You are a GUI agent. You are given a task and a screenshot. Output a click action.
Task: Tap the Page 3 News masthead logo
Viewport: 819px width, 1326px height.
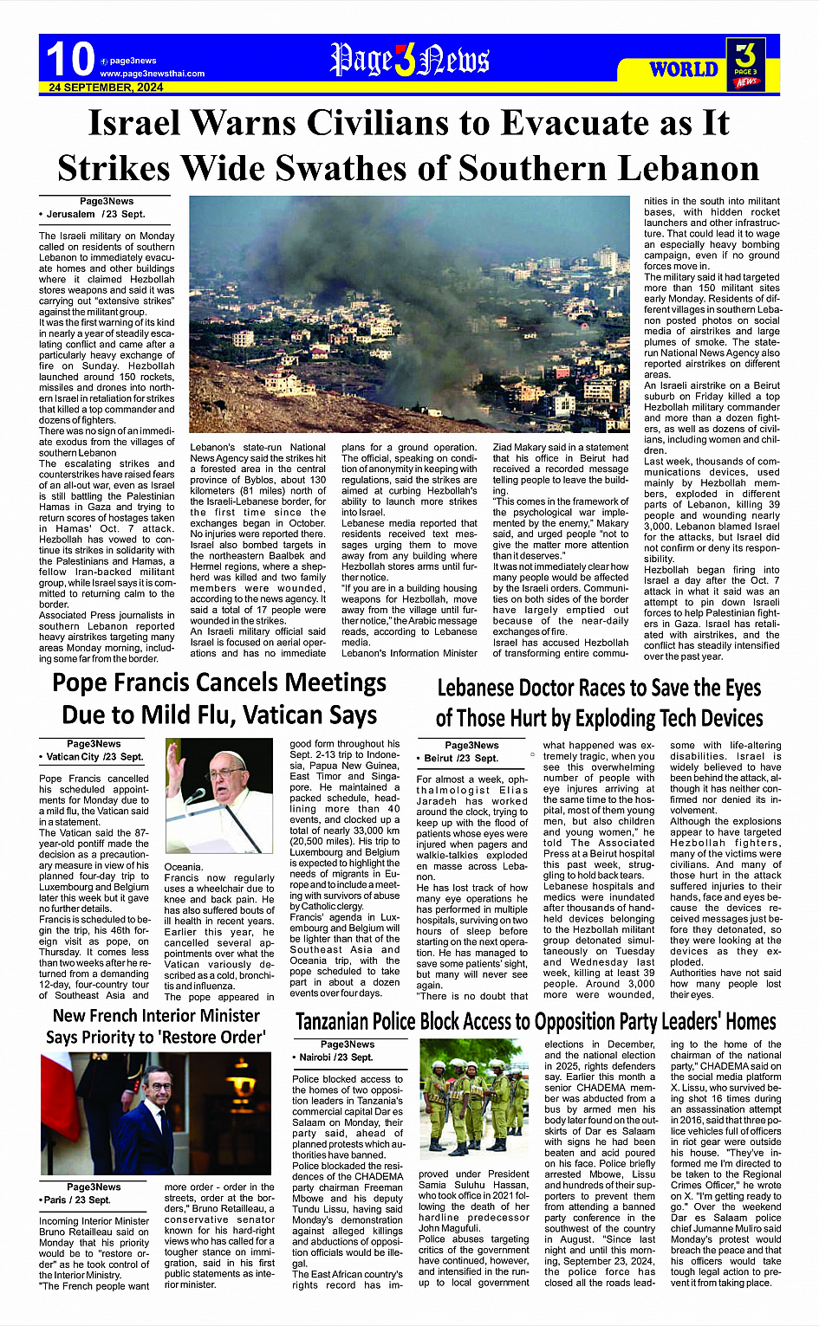(409, 60)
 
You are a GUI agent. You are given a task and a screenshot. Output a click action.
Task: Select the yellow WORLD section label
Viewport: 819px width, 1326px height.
(684, 69)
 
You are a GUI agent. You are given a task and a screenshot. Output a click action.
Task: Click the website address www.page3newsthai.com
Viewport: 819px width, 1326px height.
(152, 74)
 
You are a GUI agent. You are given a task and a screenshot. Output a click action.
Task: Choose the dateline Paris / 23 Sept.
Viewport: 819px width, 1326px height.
(76, 1200)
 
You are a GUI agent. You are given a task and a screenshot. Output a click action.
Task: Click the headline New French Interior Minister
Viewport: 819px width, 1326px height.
(156, 1015)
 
